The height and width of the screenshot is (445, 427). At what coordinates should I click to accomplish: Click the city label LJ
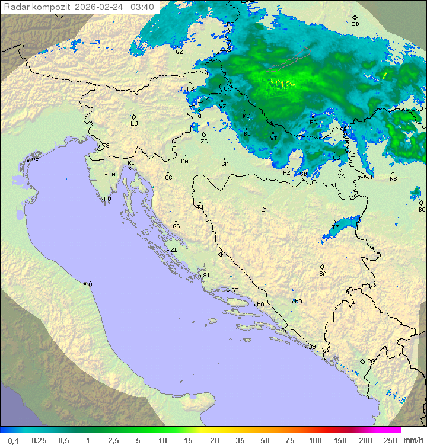click(134, 124)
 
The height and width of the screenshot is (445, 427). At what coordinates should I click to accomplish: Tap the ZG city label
click(204, 142)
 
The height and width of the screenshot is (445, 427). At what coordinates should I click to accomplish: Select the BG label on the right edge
click(422, 209)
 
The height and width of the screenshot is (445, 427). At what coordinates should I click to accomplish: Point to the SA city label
click(323, 273)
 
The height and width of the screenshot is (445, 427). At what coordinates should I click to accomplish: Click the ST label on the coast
click(235, 290)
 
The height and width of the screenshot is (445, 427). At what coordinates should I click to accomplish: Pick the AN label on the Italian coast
click(92, 284)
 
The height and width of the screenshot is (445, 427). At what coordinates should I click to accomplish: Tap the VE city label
click(35, 161)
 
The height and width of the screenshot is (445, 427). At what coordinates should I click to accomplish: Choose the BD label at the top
click(355, 24)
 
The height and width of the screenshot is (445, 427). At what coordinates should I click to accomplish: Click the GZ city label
click(179, 52)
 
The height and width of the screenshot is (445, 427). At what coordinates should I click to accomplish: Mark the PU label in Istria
click(107, 199)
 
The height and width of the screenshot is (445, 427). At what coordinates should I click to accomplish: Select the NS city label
click(393, 178)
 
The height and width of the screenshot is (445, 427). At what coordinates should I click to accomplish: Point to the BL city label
click(265, 213)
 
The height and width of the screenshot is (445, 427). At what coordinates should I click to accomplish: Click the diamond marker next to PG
click(362, 361)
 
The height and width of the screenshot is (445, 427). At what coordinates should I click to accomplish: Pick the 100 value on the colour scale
click(315, 440)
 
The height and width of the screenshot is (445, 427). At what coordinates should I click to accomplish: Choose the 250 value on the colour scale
click(390, 440)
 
